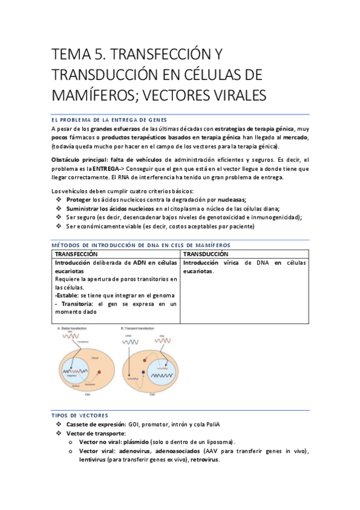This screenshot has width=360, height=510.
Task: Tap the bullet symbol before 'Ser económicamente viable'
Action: (x=58, y=226)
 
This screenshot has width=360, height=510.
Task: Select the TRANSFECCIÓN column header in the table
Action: (x=77, y=254)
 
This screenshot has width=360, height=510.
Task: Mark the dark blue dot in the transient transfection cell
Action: (x=143, y=373)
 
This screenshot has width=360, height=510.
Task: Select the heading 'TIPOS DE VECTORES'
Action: (x=80, y=416)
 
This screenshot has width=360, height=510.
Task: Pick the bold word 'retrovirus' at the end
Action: (x=204, y=460)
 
